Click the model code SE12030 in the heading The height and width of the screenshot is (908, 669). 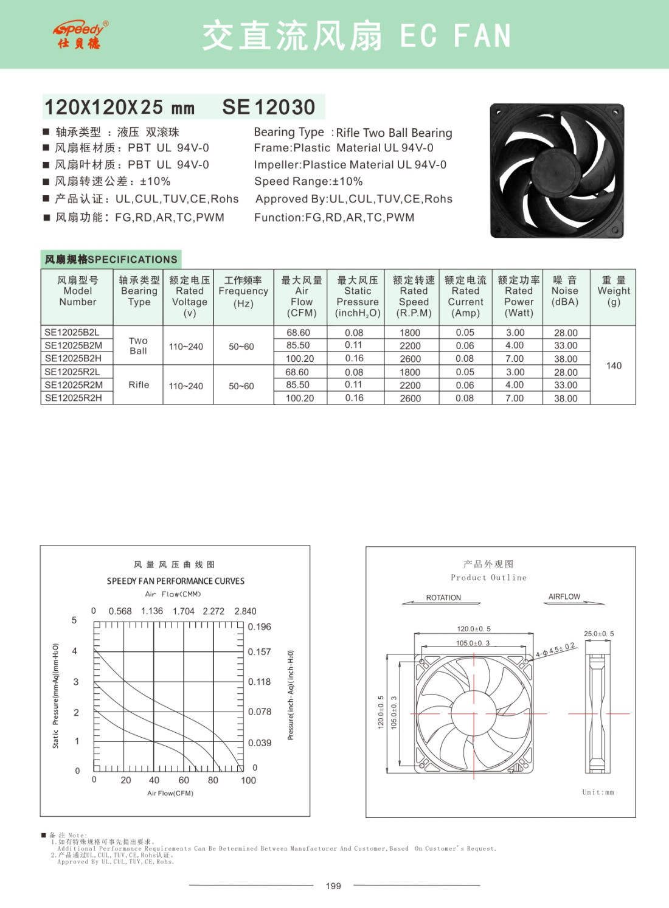click(x=269, y=107)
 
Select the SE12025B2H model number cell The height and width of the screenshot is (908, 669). click(x=74, y=359)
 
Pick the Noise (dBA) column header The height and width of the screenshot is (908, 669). click(x=565, y=291)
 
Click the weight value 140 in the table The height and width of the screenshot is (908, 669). click(x=614, y=366)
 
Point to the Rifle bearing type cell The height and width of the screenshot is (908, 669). click(x=139, y=385)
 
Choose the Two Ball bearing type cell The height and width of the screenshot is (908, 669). click(x=138, y=345)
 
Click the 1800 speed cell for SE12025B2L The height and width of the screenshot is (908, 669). click(x=410, y=333)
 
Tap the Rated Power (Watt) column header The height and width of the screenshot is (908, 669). click(x=519, y=296)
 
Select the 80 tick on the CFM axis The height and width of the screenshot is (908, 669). click(x=213, y=780)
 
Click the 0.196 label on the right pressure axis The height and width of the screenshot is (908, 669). click(x=260, y=627)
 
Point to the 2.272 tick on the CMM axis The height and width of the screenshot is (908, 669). click(x=213, y=611)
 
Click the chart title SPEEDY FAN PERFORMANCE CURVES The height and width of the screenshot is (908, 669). click(x=176, y=581)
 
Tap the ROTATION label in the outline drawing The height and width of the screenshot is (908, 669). click(x=443, y=598)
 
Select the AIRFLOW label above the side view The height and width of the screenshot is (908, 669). click(x=564, y=597)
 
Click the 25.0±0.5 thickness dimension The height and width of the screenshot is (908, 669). click(x=598, y=634)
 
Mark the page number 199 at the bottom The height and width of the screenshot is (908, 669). click(x=333, y=886)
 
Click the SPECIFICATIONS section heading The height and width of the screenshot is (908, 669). click(x=111, y=260)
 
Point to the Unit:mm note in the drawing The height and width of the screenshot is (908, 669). click(x=598, y=792)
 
